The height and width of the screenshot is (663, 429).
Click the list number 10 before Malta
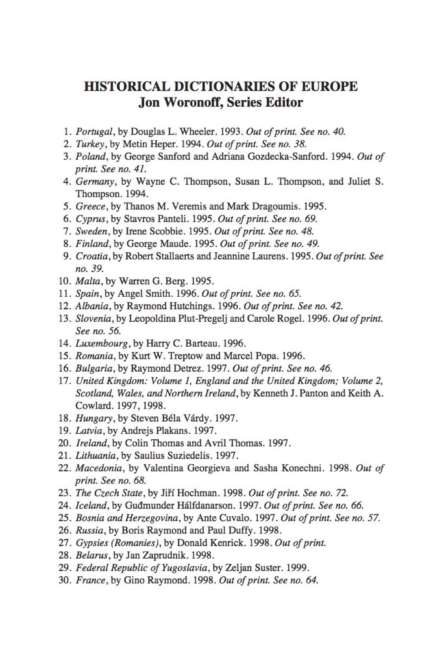pos(66,281)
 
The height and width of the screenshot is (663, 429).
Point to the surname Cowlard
pos(92,406)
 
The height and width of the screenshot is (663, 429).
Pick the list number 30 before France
pos(66,581)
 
